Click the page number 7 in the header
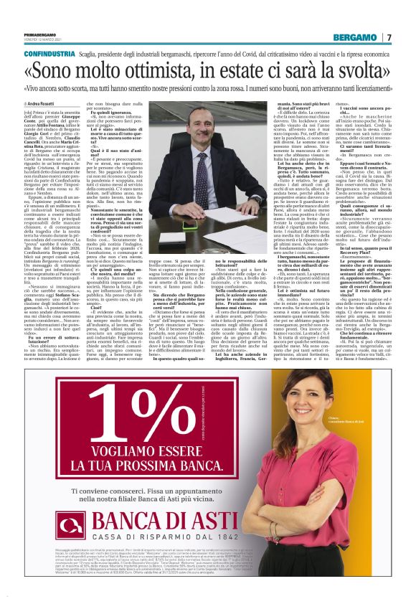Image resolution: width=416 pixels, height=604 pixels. pos(389,37)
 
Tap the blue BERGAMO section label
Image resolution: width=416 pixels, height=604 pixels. pos(354,37)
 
